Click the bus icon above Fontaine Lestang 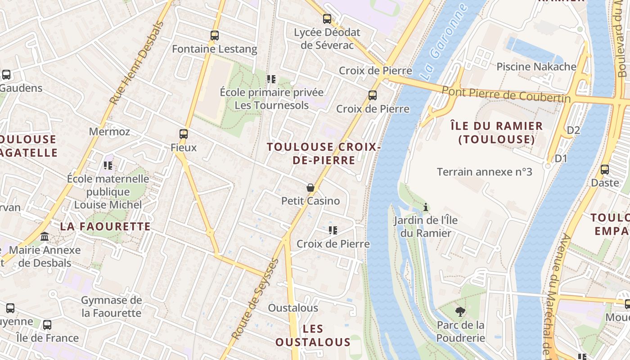click(215, 35)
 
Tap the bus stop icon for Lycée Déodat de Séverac click(327, 19)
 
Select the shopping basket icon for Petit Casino click(310, 188)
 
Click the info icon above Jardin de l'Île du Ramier click(425, 207)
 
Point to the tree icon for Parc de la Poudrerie click(460, 311)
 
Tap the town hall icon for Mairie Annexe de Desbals click(45, 236)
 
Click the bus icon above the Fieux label click(184, 134)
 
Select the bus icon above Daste click(605, 170)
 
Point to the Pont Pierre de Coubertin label click(506, 94)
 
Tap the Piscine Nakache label click(536, 67)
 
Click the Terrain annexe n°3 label click(485, 172)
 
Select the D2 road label click(573, 130)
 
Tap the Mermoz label click(109, 131)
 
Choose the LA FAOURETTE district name click(105, 226)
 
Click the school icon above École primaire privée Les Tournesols click(271, 79)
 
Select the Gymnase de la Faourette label click(111, 306)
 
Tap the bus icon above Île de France click(47, 324)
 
